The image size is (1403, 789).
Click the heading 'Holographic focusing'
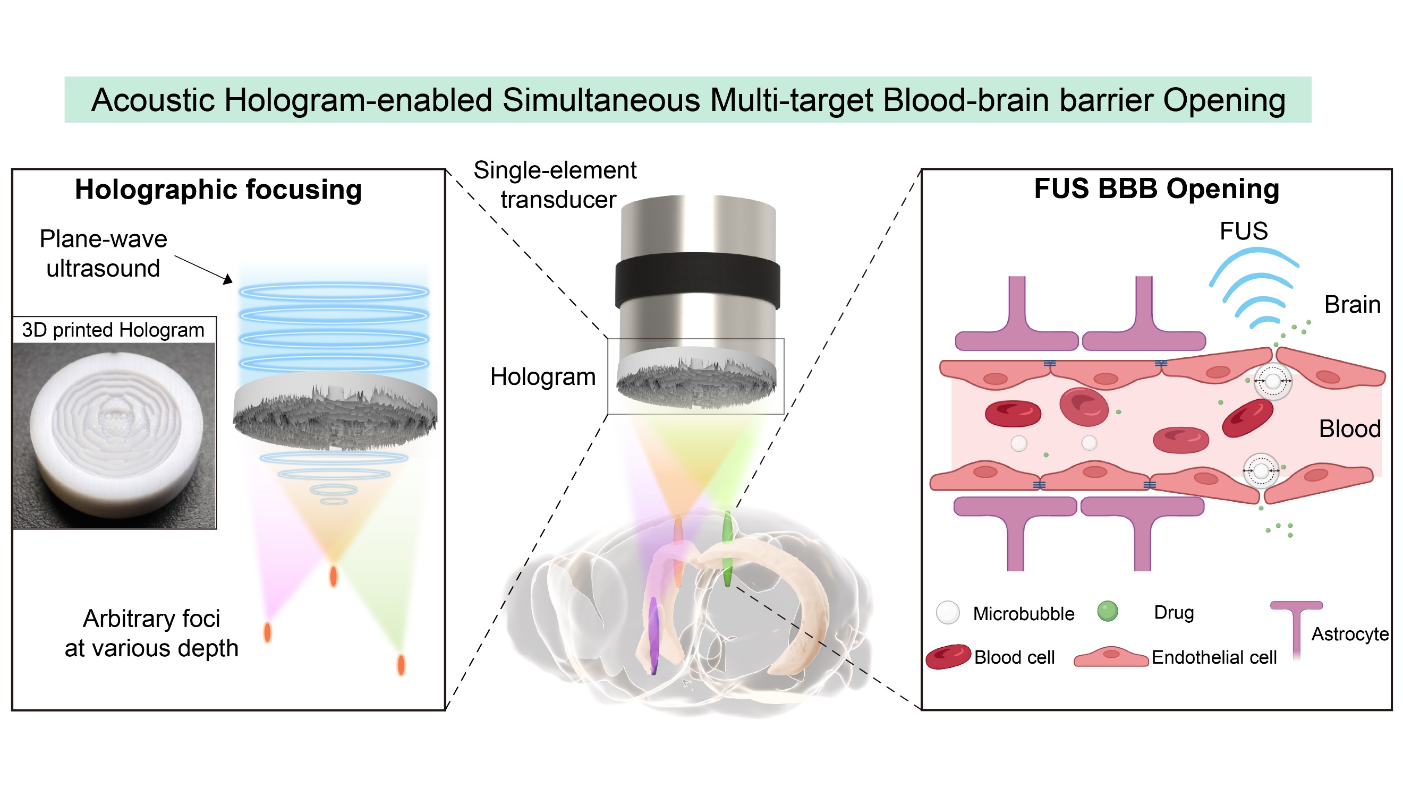218,190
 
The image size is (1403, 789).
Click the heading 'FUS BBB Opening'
1157,188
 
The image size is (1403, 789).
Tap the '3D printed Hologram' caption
113,330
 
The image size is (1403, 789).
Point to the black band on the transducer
697,280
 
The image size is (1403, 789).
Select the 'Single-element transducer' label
556,185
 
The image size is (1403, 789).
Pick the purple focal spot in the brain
653,634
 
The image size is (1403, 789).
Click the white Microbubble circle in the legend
947,613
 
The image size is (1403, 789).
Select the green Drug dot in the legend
1107,611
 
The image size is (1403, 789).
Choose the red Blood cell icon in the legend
948,657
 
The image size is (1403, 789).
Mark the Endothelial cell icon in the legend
1111,657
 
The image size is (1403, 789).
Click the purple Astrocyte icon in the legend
1296,626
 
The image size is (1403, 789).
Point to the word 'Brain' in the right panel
1352,304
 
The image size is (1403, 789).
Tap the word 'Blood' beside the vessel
1349,429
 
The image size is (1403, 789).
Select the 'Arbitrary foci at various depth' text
151,633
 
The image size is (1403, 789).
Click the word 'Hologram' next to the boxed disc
542,377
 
